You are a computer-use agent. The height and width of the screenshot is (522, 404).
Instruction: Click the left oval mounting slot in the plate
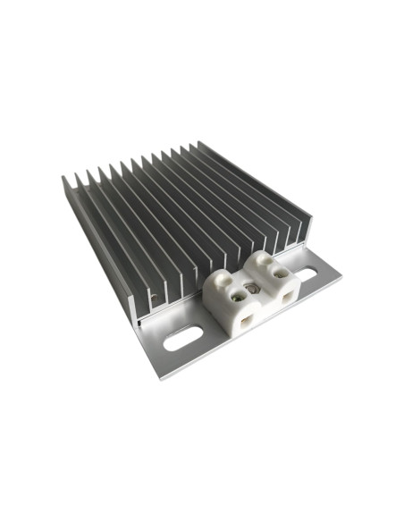point(181,340)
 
